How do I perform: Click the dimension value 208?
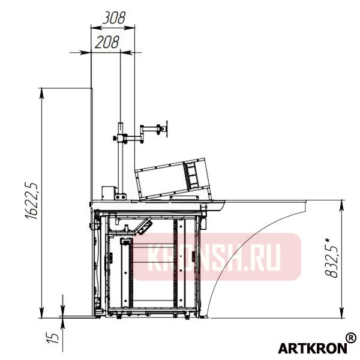[x=107, y=41]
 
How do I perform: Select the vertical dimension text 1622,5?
[x=32, y=202]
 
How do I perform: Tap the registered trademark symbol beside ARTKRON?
[x=351, y=340]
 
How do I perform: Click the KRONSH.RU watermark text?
[x=216, y=257]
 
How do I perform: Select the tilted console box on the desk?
[x=174, y=177]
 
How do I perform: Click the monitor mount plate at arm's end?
[x=161, y=128]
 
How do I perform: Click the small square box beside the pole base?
[x=109, y=193]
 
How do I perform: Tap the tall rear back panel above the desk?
[x=91, y=144]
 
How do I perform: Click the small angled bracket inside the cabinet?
[x=145, y=227]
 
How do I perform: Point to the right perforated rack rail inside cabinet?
[x=176, y=264]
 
